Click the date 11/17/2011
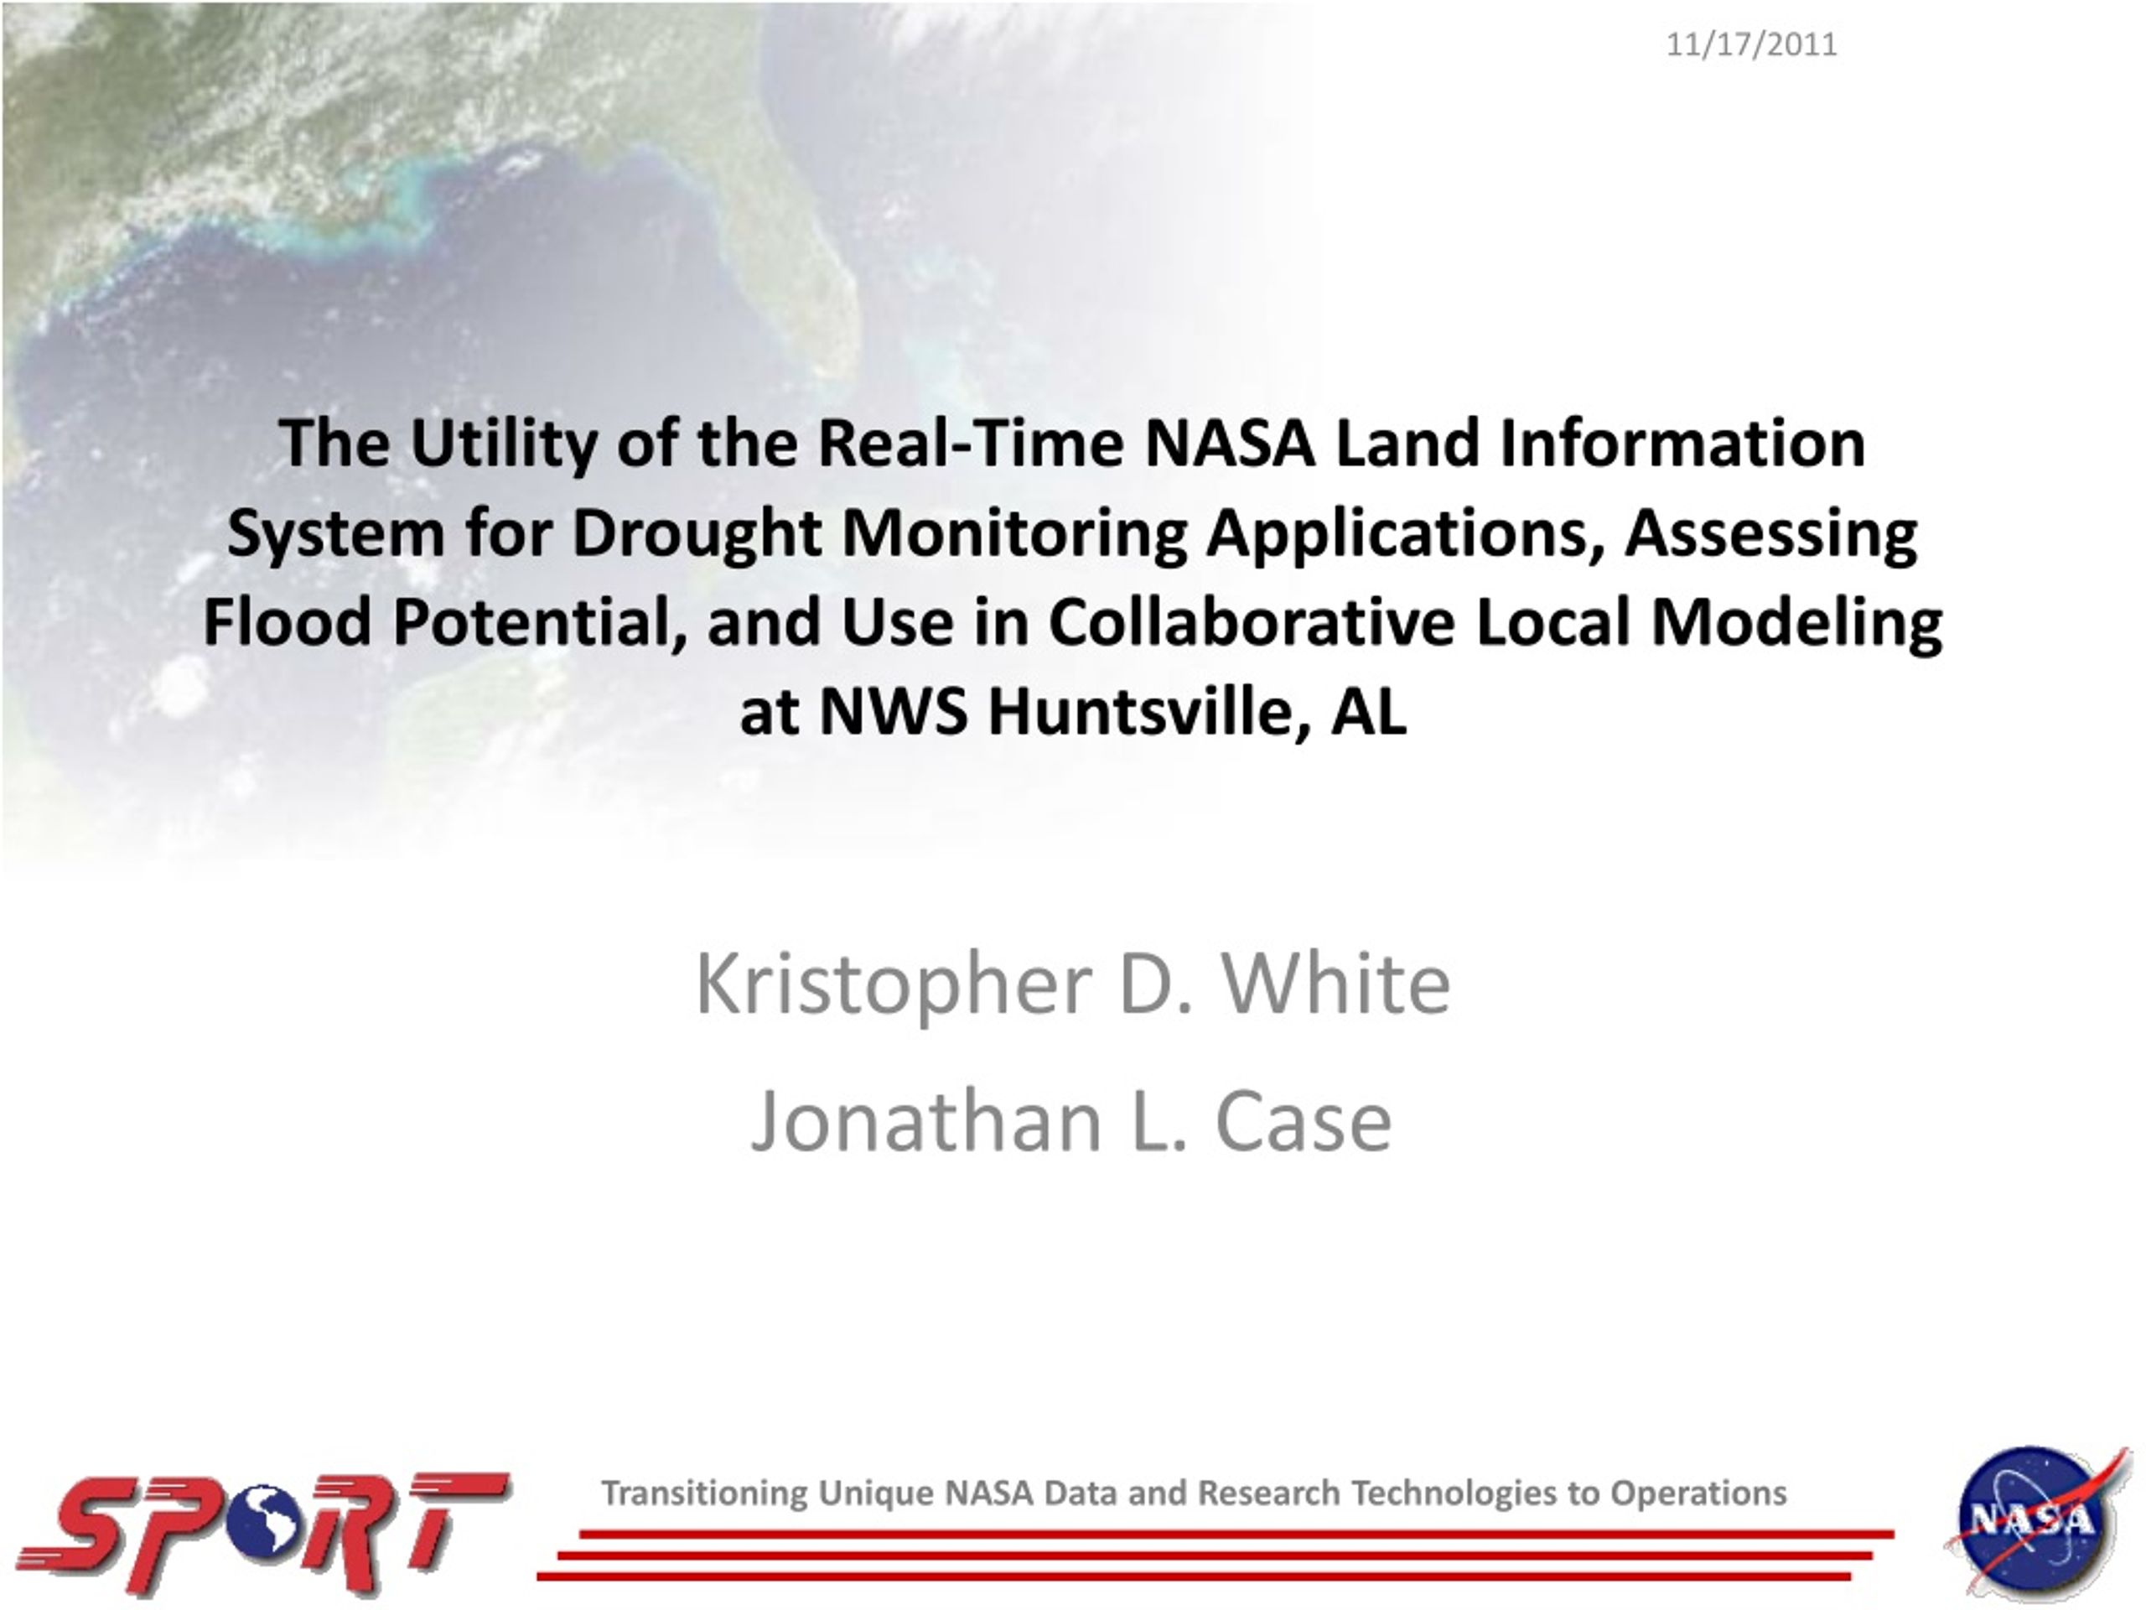pyautogui.click(x=1751, y=44)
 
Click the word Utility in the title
pyautogui.click(x=502, y=444)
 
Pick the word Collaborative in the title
pyautogui.click(x=1252, y=621)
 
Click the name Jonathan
pyautogui.click(x=927, y=1122)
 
